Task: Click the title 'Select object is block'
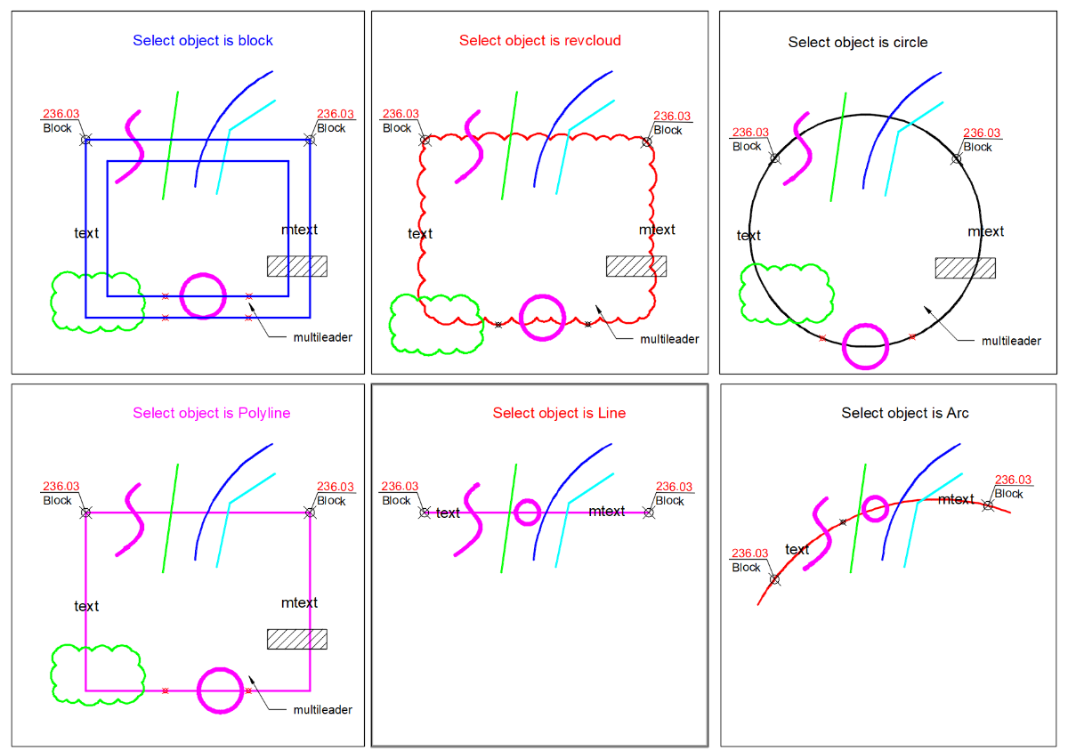[203, 41]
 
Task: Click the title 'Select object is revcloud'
[539, 41]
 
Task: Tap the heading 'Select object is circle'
[858, 43]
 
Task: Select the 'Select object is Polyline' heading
[211, 413]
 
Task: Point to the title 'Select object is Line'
[559, 413]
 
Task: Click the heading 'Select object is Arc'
[904, 413]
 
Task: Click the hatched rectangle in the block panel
[297, 266]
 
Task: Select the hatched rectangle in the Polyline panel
[297, 639]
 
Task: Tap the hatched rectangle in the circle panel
[965, 268]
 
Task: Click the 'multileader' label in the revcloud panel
[669, 339]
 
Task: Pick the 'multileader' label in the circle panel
[1011, 341]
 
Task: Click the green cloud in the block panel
[52, 302]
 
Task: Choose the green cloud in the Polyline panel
[52, 674]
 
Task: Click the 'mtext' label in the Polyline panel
[299, 602]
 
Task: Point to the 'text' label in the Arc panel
[797, 549]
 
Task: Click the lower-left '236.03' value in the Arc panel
[749, 553]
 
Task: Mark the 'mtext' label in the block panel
[299, 230]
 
